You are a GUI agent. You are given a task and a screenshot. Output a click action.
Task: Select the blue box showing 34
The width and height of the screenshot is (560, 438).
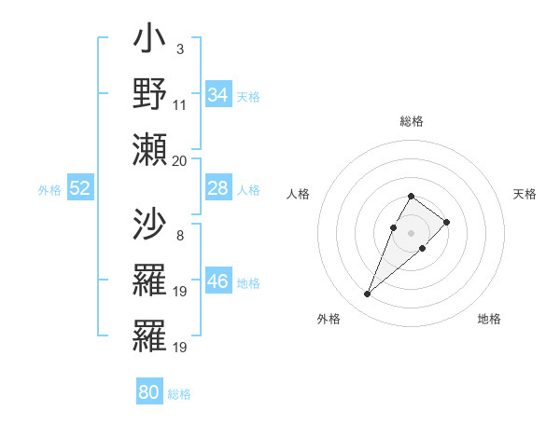coord(218,95)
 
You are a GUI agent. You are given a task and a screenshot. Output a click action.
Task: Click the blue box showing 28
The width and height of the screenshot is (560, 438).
coord(218,188)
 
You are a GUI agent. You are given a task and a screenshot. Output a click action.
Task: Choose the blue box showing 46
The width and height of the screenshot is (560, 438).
coord(218,281)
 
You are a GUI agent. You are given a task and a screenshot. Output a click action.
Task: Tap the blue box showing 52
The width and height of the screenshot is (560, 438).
coord(79,188)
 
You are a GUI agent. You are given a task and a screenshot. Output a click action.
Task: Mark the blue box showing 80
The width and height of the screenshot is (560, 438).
coord(148,392)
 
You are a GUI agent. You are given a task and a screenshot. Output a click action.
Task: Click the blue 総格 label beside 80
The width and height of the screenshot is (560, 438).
coord(179,394)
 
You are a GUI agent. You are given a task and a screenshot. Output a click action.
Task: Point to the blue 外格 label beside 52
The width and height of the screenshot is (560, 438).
coord(49,190)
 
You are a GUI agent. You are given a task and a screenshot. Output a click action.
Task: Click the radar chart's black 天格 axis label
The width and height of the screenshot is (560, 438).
coord(525,194)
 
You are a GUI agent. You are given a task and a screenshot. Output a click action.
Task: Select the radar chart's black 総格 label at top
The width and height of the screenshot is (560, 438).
coord(412,121)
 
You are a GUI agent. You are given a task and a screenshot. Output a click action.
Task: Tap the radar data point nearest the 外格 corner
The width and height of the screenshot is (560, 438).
coord(368,294)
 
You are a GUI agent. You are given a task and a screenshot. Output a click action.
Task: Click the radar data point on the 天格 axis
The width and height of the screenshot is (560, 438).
coord(447,222)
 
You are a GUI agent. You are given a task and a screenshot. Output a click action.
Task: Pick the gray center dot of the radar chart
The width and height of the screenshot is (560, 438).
coord(412,232)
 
